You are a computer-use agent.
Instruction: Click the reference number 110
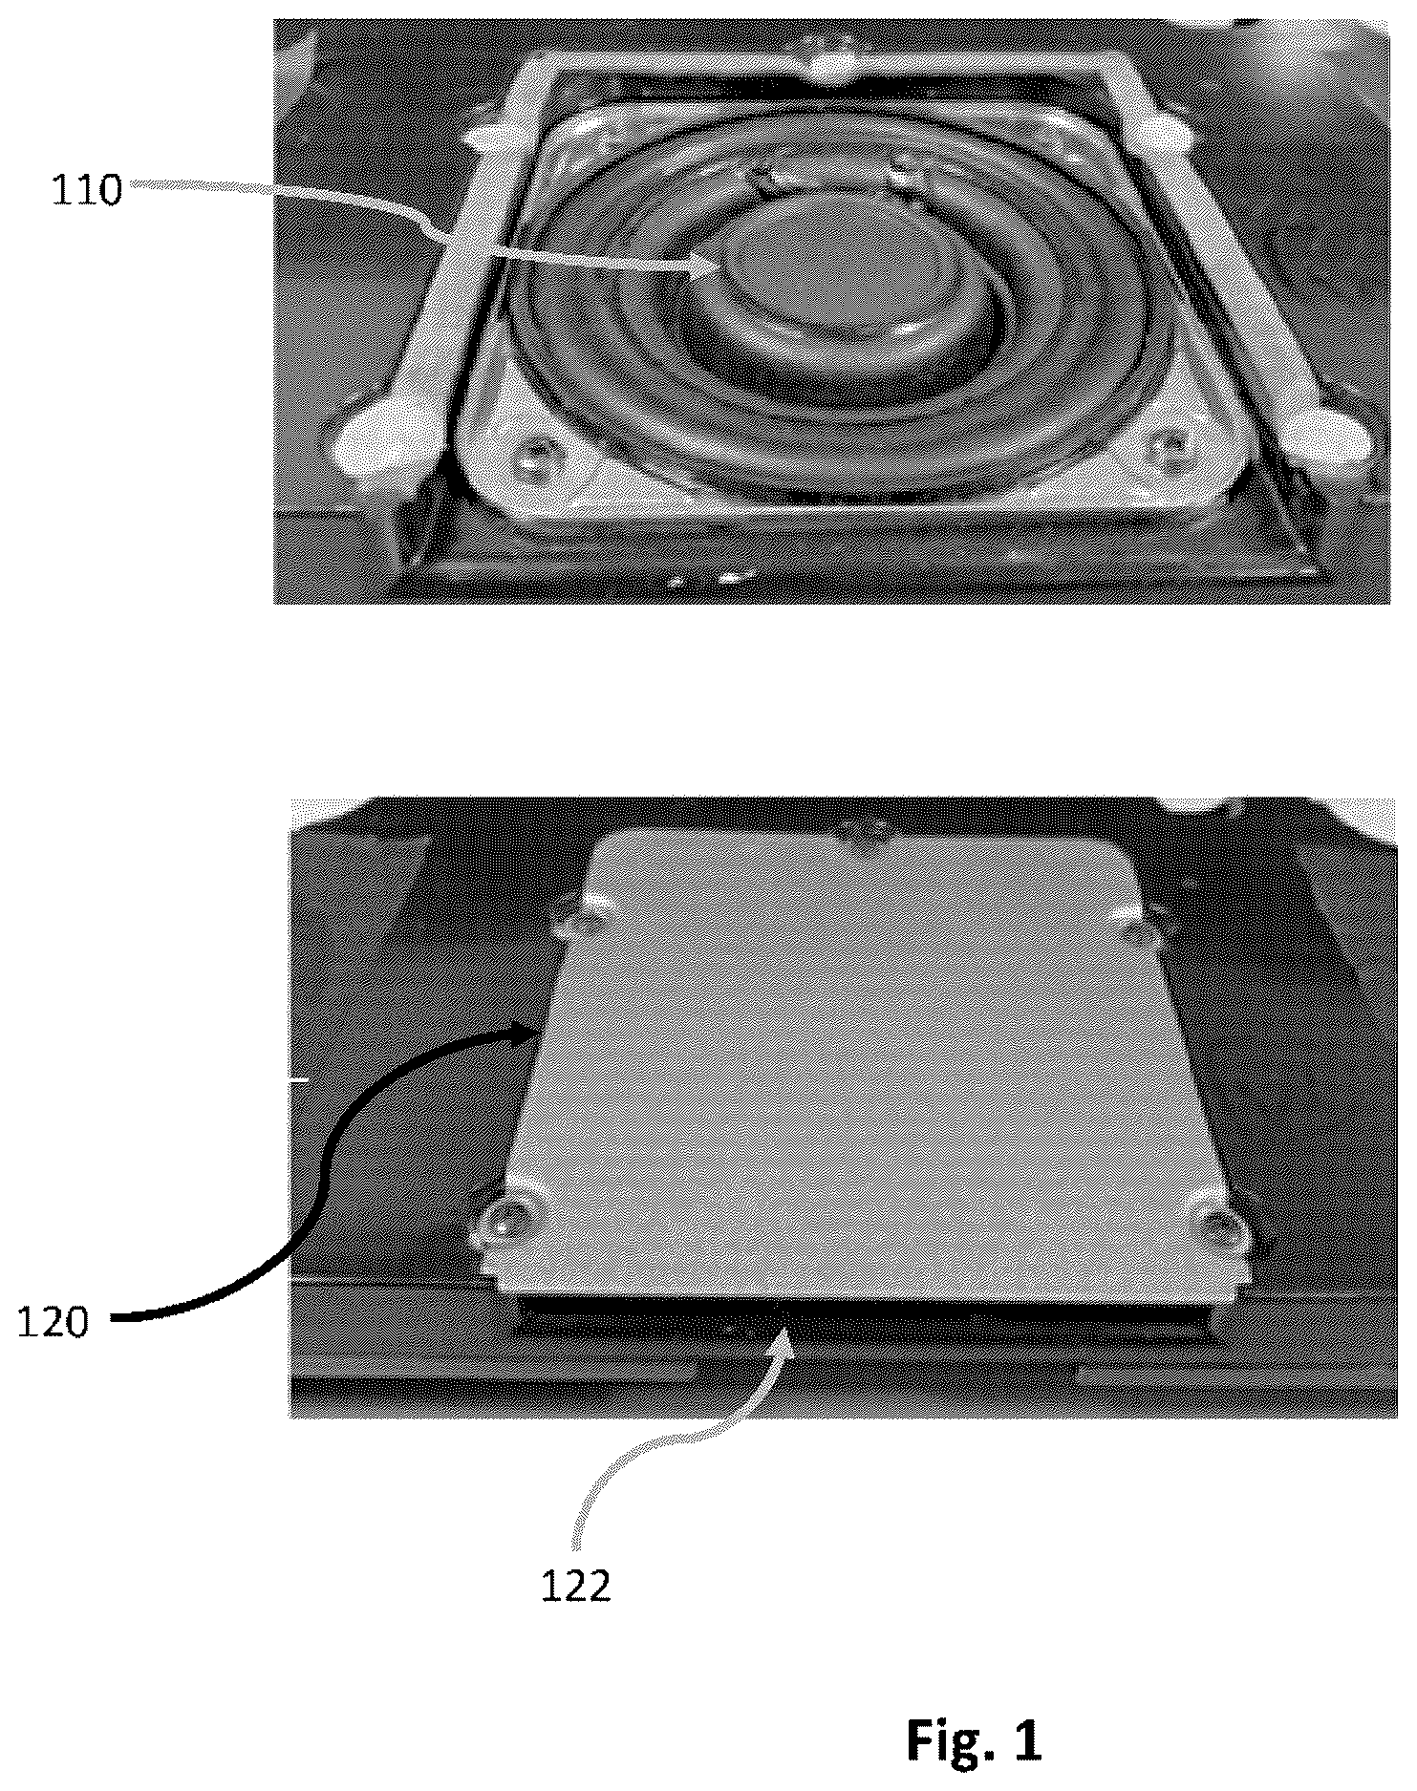click(87, 191)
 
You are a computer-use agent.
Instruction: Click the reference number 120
click(54, 1323)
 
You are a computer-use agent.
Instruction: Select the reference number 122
click(576, 1587)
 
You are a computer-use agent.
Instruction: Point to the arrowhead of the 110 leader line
click(702, 270)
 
